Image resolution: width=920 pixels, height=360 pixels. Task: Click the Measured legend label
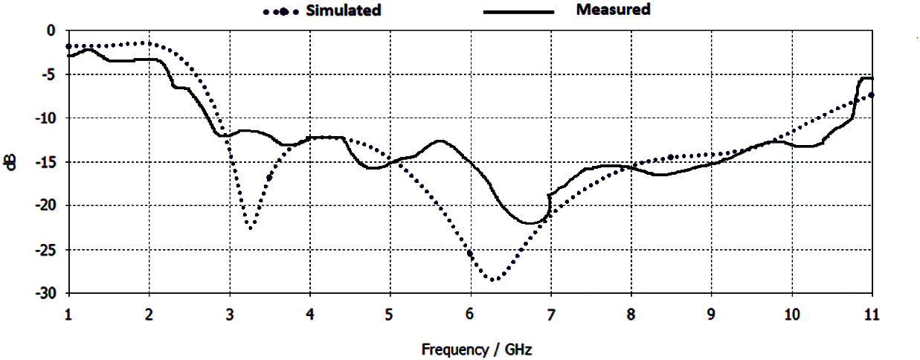[x=613, y=10]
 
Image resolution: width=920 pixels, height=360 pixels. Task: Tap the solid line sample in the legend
[x=519, y=12]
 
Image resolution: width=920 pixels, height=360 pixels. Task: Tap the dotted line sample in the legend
[x=281, y=12]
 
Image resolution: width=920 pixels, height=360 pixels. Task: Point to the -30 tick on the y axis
[x=46, y=294]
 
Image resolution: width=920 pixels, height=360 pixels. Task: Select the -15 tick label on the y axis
[x=46, y=162]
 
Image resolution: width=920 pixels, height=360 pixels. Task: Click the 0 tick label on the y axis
[x=51, y=30]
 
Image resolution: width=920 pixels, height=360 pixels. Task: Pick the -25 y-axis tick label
[x=46, y=250]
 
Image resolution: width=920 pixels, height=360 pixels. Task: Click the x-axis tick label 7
[x=550, y=315]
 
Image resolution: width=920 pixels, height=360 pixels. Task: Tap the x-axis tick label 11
[x=871, y=315]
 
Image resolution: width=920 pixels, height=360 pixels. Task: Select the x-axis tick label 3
[x=229, y=315]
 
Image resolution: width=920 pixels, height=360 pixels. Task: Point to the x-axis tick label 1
[x=68, y=315]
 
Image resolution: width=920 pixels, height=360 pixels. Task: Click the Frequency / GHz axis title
[x=477, y=349]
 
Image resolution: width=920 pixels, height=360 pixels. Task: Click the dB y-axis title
[x=10, y=161]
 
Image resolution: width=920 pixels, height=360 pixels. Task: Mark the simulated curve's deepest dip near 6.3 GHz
[x=493, y=280]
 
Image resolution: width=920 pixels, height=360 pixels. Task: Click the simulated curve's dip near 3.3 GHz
[x=251, y=228]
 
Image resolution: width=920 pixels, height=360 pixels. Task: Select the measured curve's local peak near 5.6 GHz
[x=440, y=141]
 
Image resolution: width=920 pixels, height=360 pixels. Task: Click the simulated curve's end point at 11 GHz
[x=871, y=94]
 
